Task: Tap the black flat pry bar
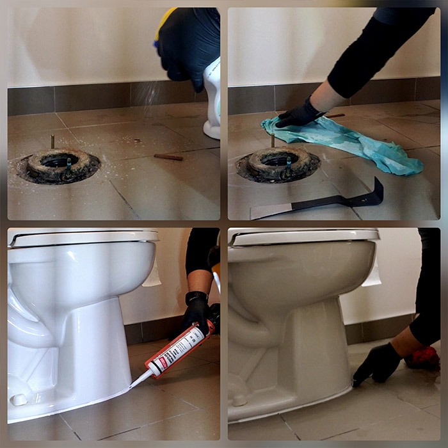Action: pyautogui.click(x=320, y=204)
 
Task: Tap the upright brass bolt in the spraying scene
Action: pyautogui.click(x=52, y=141)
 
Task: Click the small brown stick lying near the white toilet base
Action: pyautogui.click(x=168, y=157)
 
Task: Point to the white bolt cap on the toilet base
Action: pyautogui.click(x=20, y=399)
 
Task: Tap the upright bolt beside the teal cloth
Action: pyautogui.click(x=273, y=140)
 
